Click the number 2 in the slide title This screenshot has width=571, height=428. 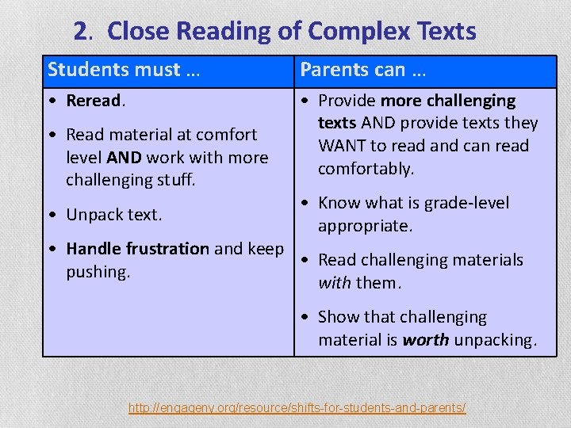point(80,32)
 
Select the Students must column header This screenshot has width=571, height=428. point(123,70)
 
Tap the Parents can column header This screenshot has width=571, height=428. point(363,70)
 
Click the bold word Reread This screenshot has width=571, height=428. point(94,101)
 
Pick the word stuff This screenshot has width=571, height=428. point(170,180)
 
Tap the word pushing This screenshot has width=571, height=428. point(98,272)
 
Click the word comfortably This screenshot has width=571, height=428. point(366,169)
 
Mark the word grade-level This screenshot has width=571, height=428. point(465,203)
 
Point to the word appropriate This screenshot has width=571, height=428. point(365,226)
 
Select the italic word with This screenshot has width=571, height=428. point(334,283)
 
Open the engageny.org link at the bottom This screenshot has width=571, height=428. point(297,408)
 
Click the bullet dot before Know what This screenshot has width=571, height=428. point(305,203)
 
